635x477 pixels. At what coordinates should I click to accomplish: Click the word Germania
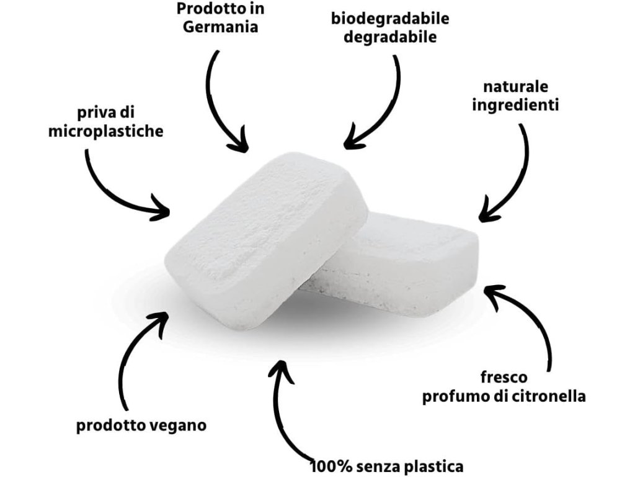click(x=221, y=28)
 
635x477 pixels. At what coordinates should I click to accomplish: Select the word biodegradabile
click(x=390, y=18)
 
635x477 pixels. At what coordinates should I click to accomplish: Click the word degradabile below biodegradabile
click(x=390, y=36)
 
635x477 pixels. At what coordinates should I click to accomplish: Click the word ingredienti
click(x=516, y=105)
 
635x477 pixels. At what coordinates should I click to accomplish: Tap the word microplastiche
click(x=106, y=132)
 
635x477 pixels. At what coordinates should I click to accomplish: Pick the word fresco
click(x=504, y=377)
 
